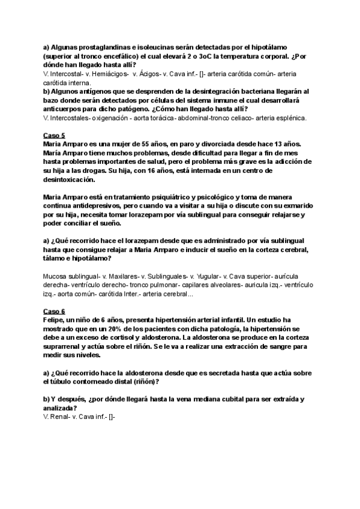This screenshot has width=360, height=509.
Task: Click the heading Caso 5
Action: tap(52, 136)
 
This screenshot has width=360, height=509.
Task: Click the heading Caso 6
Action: tap(52, 310)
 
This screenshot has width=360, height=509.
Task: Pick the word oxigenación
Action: tap(109, 118)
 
